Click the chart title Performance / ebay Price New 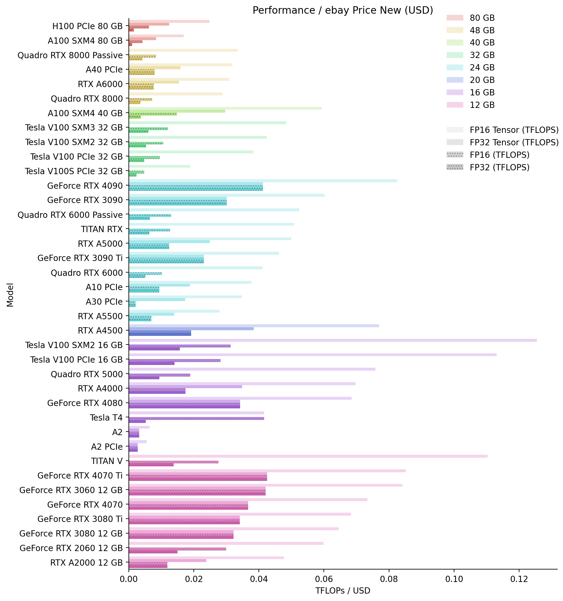pyautogui.click(x=342, y=11)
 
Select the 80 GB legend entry pyautogui.click(x=482, y=18)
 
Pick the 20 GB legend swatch pyautogui.click(x=455, y=80)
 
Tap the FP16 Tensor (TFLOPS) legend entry pyautogui.click(x=514, y=130)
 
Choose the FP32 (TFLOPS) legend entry pyautogui.click(x=499, y=167)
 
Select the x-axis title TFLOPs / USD pyautogui.click(x=342, y=591)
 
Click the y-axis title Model pyautogui.click(x=10, y=295)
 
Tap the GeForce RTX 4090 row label pyautogui.click(x=85, y=186)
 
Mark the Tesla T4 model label pyautogui.click(x=106, y=418)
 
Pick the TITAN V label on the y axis pyautogui.click(x=107, y=461)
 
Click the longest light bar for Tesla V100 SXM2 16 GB pyautogui.click(x=332, y=340)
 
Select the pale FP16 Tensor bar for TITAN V pyautogui.click(x=308, y=456)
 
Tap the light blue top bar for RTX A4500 pyautogui.click(x=253, y=326)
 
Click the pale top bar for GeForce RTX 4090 pyautogui.click(x=263, y=181)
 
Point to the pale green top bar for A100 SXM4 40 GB pyautogui.click(x=225, y=108)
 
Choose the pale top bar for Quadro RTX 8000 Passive pyautogui.click(x=183, y=50)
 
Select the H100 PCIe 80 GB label pyautogui.click(x=87, y=26)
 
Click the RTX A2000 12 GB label pyautogui.click(x=86, y=563)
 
